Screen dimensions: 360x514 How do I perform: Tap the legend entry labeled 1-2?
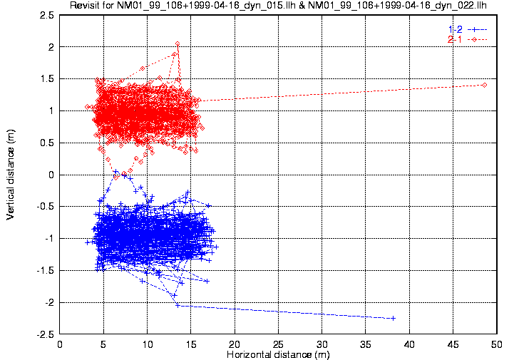tap(466, 29)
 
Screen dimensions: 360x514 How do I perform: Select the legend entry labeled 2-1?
tap(466, 38)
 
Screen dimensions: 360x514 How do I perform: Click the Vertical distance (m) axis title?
tap(11, 174)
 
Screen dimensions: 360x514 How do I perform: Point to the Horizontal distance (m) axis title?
tap(278, 354)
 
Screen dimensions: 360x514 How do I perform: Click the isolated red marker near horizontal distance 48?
tap(484, 85)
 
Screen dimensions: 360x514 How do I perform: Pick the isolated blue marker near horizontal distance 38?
tap(393, 318)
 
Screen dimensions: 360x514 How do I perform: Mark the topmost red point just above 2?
tap(177, 43)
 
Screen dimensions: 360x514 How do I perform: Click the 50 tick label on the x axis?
tap(497, 344)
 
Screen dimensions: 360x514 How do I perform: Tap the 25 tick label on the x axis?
tap(279, 344)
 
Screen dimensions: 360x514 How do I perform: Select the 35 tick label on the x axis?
tap(366, 344)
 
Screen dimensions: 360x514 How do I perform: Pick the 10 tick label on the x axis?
tap(148, 344)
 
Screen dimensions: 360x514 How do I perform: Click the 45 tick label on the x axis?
tap(453, 344)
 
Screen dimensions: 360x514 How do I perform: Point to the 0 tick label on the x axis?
tap(61, 344)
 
